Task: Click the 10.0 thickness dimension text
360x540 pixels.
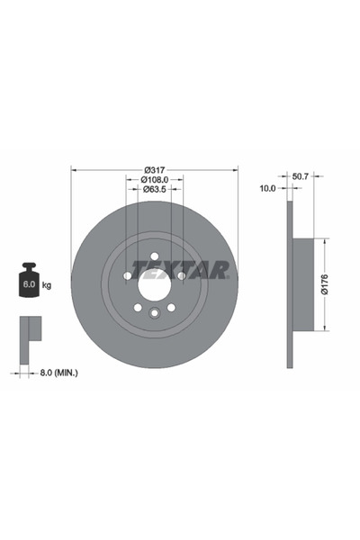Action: (267, 188)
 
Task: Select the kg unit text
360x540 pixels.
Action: (46, 285)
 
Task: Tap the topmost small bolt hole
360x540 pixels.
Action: (154, 256)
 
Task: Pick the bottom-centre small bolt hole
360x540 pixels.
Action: (154, 314)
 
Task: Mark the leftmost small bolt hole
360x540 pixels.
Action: (127, 275)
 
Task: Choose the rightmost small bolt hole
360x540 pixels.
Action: (182, 275)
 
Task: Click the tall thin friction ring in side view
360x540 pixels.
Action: (290, 284)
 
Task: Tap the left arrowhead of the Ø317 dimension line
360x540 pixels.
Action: (74, 168)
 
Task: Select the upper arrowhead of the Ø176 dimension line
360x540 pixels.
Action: (325, 241)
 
